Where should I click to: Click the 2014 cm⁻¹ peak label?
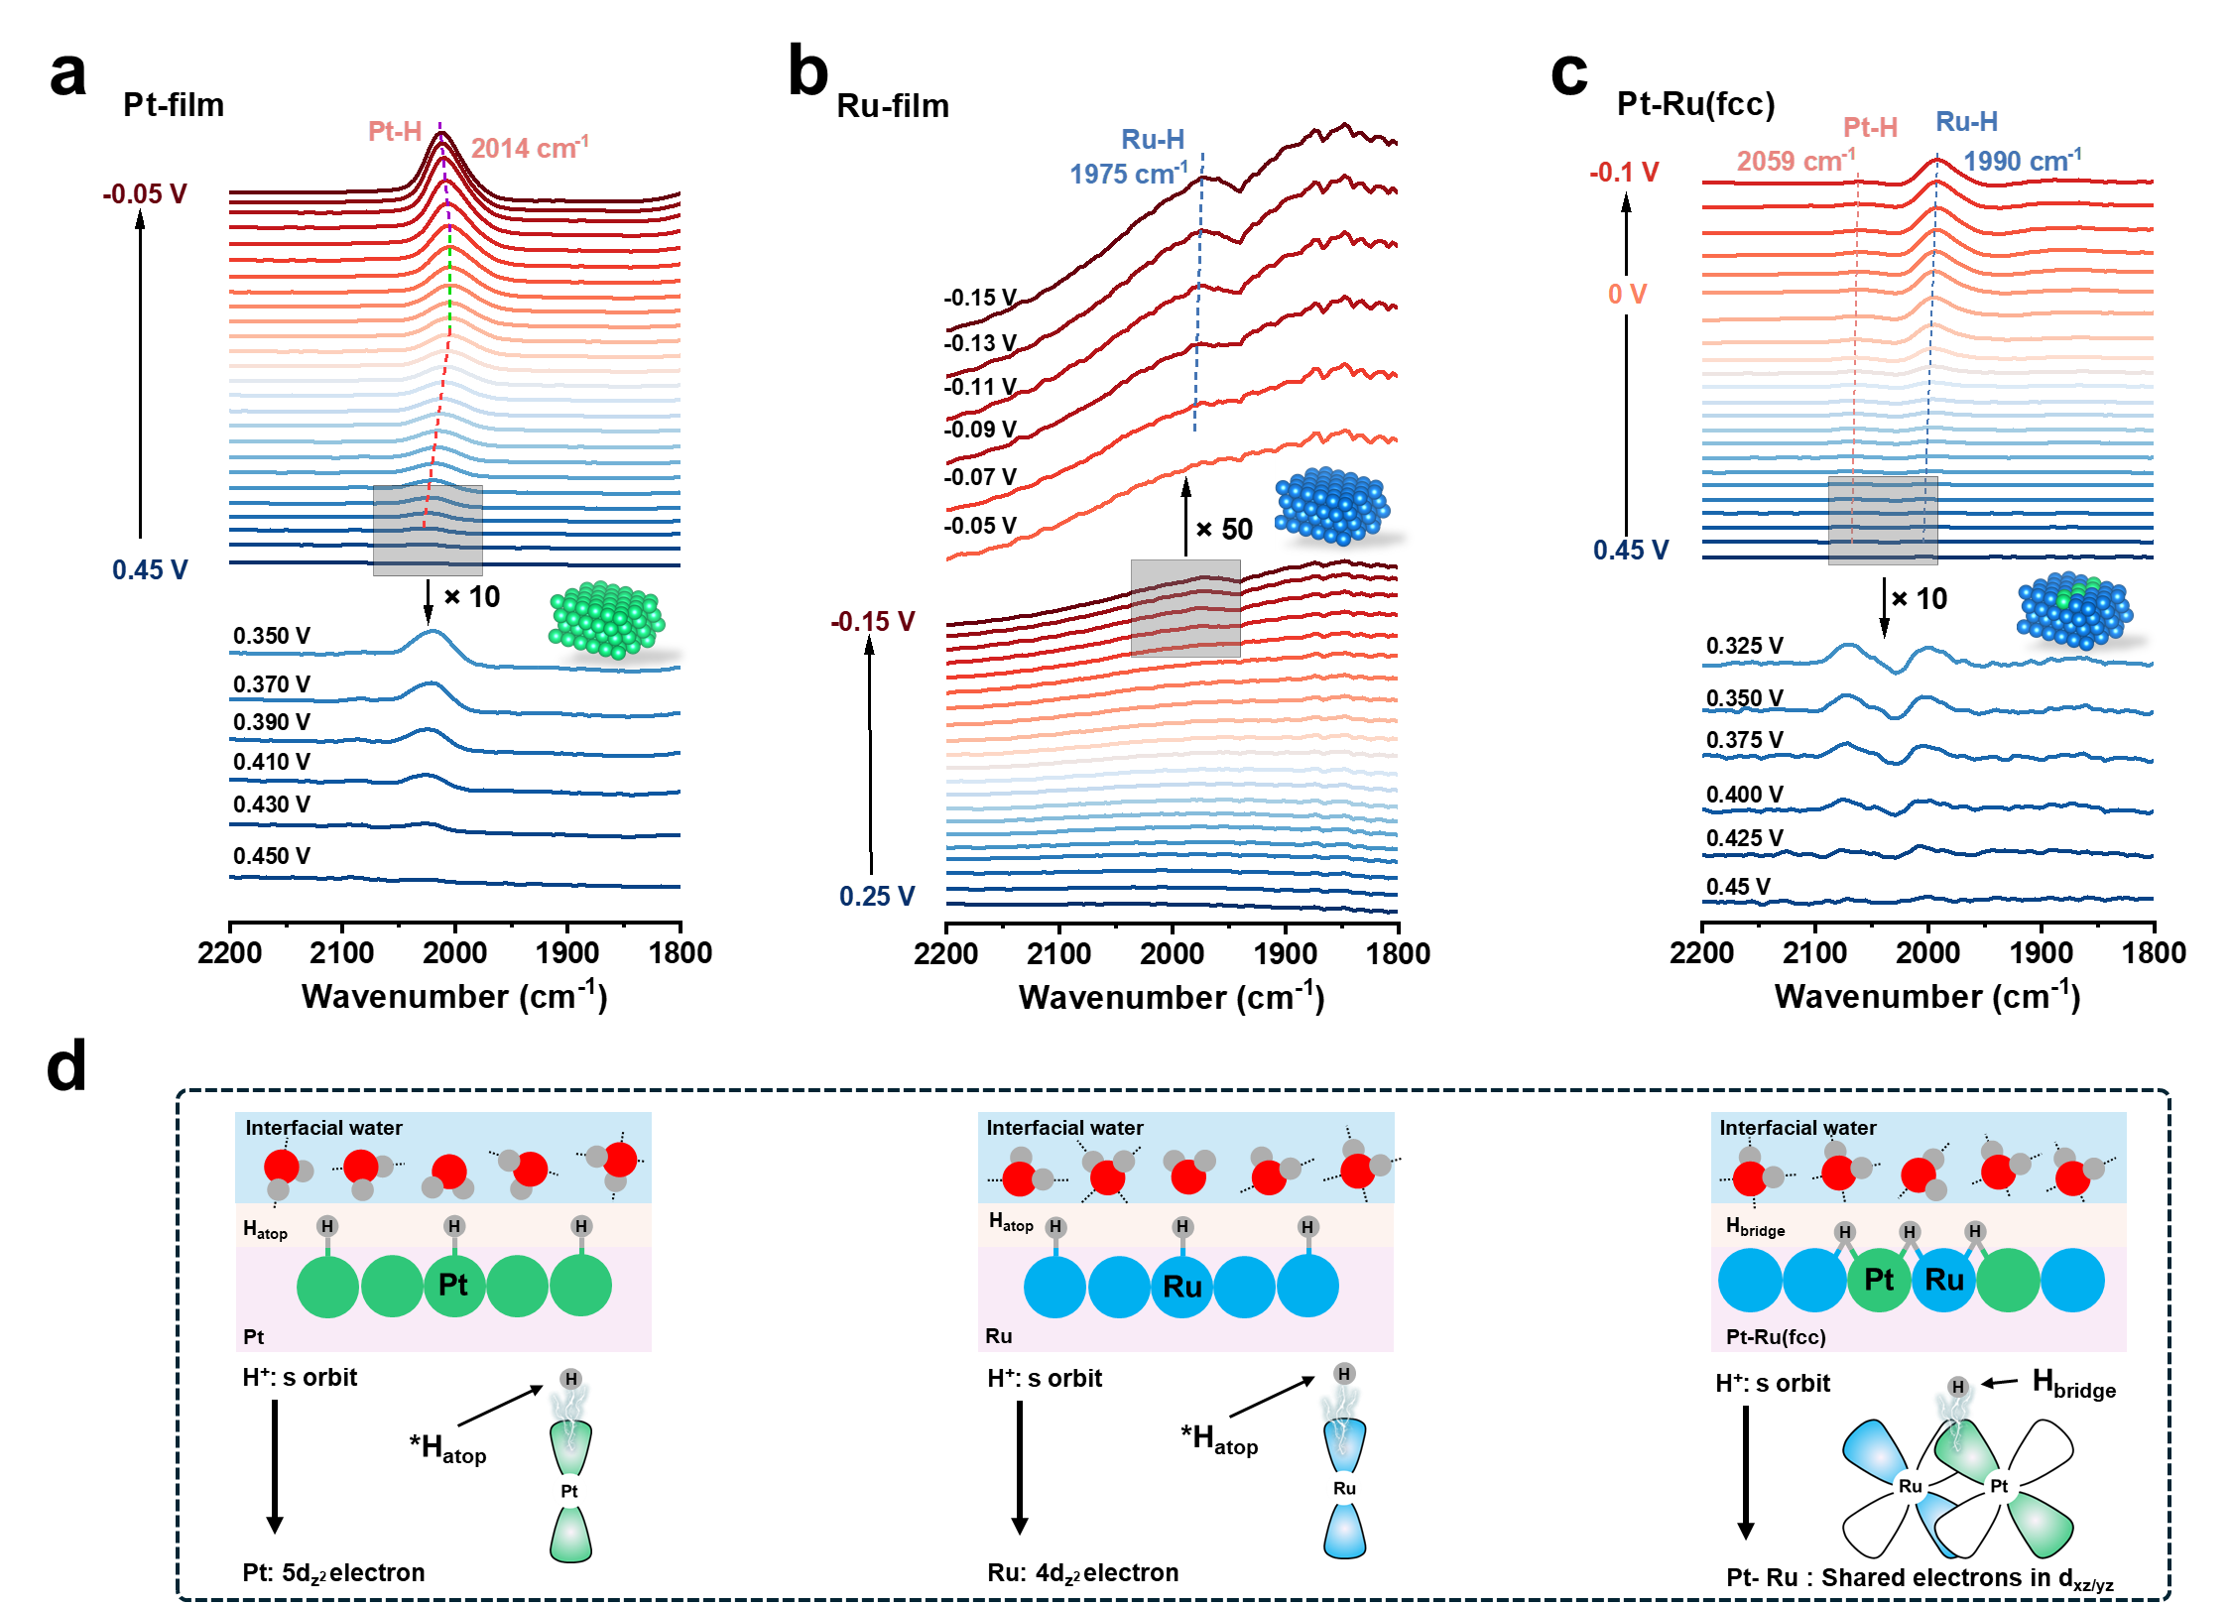(529, 148)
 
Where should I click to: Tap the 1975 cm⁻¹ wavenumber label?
(1128, 175)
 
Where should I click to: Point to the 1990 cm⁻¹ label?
(2022, 161)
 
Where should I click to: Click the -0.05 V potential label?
(145, 193)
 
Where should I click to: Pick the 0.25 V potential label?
(877, 897)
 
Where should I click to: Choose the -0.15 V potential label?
(873, 622)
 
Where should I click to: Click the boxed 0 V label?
(1627, 295)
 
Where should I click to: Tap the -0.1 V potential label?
(1624, 173)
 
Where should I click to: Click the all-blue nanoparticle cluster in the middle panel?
(1332, 506)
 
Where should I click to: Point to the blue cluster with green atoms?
(2074, 608)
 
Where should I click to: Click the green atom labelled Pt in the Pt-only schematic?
(454, 1286)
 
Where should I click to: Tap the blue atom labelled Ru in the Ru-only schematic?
(1181, 1287)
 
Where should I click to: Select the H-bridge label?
(1755, 1228)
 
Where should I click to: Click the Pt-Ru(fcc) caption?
(1776, 1337)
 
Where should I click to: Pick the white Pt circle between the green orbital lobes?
(569, 1491)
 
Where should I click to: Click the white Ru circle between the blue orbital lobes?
(1344, 1488)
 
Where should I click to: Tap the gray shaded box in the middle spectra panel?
(1185, 608)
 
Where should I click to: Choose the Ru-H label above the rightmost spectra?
(1966, 122)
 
